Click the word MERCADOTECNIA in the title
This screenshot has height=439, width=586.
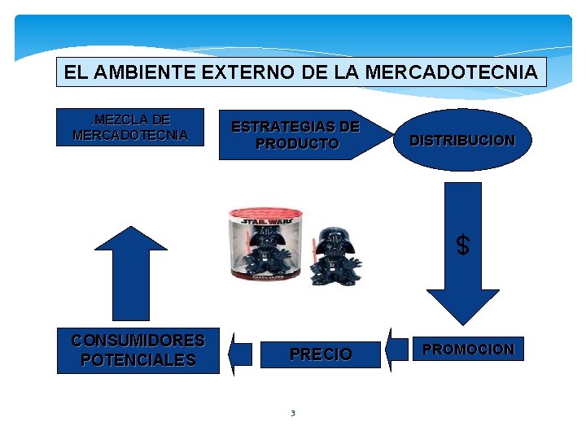click(x=452, y=72)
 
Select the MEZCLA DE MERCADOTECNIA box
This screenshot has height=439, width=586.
click(x=130, y=127)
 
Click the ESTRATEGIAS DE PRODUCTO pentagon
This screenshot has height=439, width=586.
click(x=297, y=135)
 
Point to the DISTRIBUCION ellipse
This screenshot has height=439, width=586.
click(x=462, y=140)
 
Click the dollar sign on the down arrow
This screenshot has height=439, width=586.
click(x=462, y=245)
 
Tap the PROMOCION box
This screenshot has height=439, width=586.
click(x=468, y=350)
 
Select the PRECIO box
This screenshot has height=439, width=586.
click(x=321, y=354)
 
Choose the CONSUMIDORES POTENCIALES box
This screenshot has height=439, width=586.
click(x=138, y=350)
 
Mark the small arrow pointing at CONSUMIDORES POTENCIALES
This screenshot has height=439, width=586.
click(x=240, y=354)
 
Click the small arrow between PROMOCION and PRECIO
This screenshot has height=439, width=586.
click(x=397, y=350)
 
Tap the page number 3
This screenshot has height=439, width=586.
click(x=293, y=413)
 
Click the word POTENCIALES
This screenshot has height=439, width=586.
click(x=138, y=360)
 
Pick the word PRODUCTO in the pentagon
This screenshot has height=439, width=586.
click(x=297, y=144)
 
